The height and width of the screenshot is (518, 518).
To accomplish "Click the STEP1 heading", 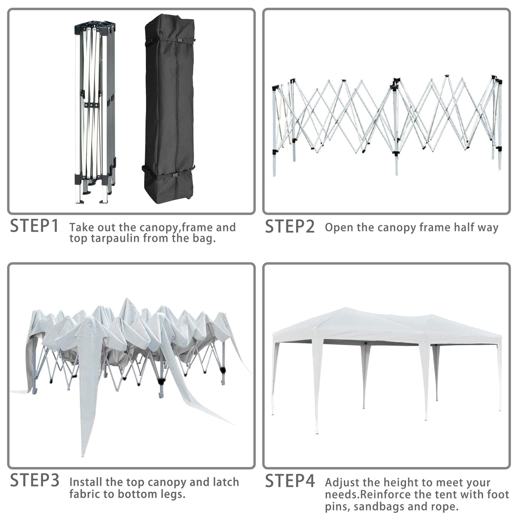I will coord(34,226).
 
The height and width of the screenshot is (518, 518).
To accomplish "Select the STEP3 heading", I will coord(35,480).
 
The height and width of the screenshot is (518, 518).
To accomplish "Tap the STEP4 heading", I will coord(290,481).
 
